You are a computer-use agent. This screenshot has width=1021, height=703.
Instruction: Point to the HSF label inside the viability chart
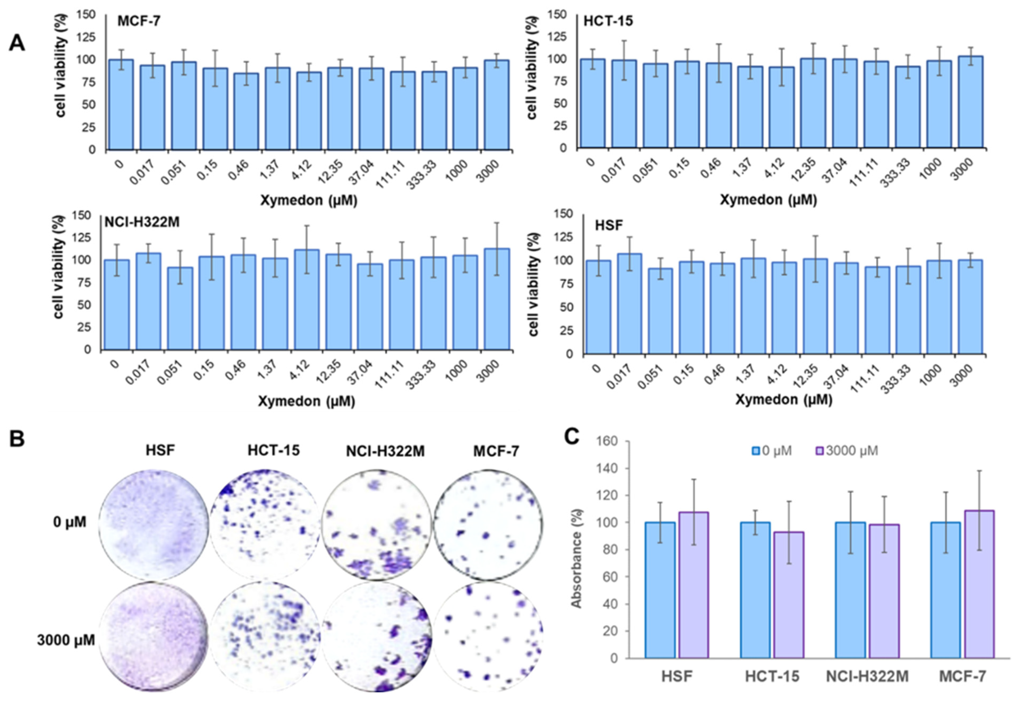(609, 225)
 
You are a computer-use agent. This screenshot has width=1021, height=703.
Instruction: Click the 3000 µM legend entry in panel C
(847, 451)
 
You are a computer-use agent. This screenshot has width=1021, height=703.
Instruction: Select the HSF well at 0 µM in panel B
(153, 524)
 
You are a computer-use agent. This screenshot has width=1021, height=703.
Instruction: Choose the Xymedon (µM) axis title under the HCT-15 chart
(768, 200)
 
